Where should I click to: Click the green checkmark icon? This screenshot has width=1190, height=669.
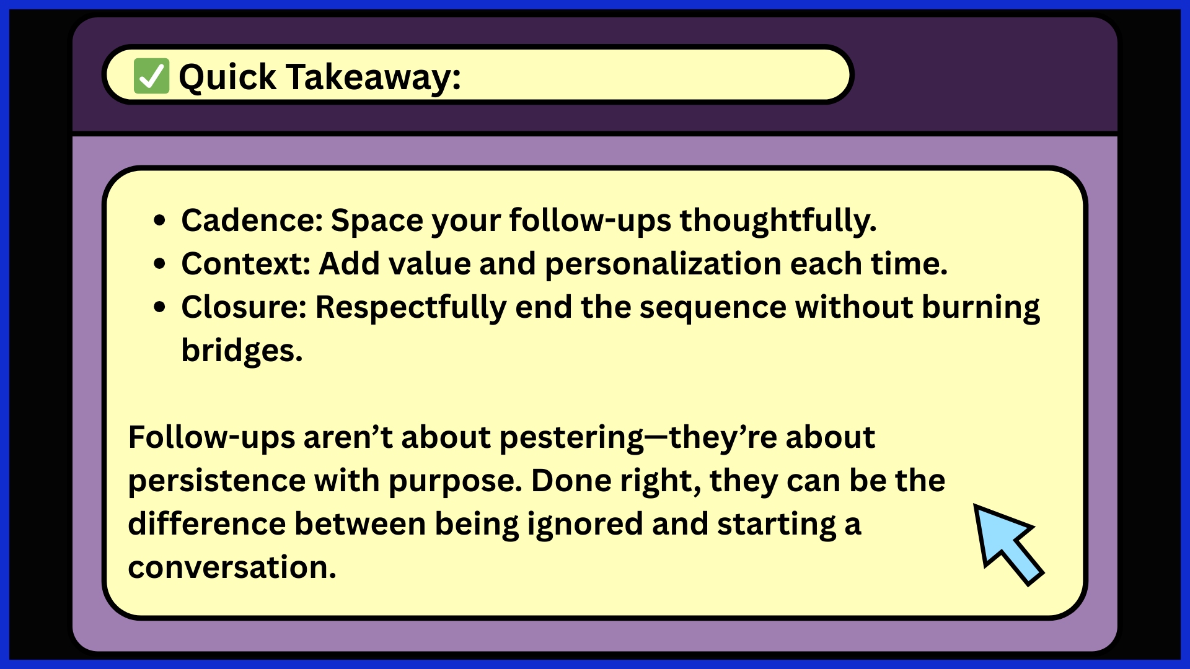151,76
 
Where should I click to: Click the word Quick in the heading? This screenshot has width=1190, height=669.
227,77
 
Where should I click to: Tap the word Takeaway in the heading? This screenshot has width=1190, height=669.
373,77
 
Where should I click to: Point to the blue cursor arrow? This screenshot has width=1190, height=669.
1008,543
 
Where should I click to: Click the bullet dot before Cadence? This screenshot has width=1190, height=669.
160,221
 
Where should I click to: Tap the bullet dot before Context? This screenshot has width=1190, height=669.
160,264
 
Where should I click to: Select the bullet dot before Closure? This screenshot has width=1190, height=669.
160,307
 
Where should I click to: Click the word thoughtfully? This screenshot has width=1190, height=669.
778,221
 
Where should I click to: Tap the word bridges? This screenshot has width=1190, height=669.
242,351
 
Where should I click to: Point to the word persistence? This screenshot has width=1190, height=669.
216,481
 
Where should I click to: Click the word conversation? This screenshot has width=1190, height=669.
232,567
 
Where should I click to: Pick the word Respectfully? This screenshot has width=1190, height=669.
411,308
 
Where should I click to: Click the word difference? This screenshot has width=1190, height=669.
206,523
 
